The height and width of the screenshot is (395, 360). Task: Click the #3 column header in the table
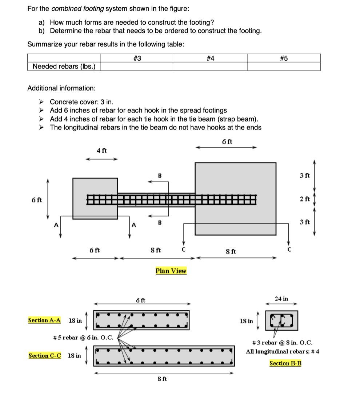point(137,58)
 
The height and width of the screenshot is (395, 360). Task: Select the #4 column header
point(211,58)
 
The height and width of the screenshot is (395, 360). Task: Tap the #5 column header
point(284,58)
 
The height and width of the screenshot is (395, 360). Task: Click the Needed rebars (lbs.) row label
point(64,66)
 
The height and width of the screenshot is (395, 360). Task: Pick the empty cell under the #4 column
point(211,66)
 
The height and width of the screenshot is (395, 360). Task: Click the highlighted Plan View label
point(171,271)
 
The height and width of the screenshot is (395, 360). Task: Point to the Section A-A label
point(44,320)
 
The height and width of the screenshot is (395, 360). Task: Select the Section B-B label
point(285,363)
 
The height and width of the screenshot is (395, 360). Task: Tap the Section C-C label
point(45,356)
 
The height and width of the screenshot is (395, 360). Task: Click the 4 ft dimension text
point(102,150)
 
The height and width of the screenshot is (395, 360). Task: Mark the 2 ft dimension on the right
point(305,199)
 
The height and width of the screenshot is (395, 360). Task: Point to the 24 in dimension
point(281,299)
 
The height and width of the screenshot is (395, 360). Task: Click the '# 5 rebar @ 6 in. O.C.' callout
point(84,338)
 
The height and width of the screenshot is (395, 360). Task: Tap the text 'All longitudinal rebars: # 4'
point(283,351)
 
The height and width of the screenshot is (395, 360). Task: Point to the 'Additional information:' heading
point(62,88)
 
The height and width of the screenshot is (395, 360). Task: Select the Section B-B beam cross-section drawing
point(281,320)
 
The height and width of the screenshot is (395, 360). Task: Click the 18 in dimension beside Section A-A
point(75,320)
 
